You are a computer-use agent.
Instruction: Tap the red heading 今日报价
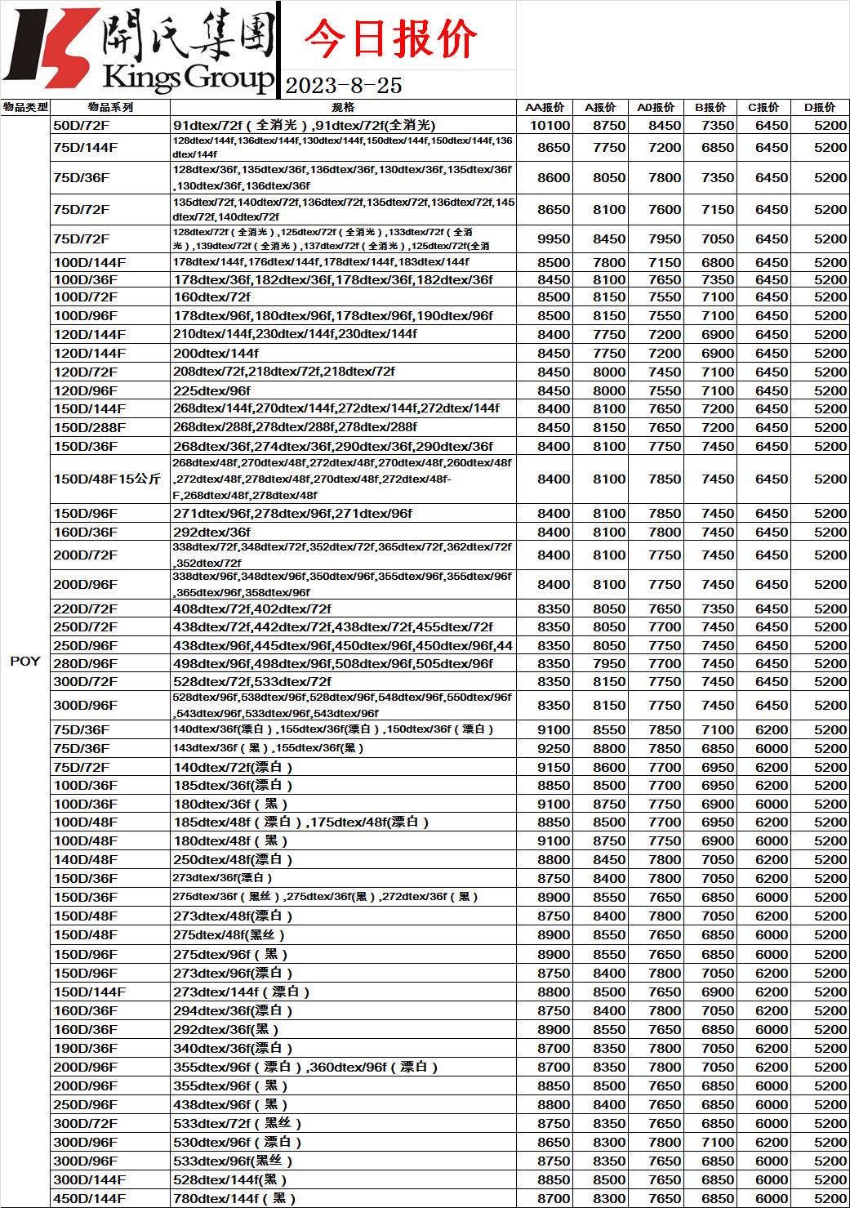390,38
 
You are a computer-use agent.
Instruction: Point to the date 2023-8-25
344,86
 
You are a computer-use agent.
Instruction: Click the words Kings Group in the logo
189,78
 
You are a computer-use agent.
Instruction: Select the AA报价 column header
545,107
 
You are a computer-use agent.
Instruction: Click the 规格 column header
343,107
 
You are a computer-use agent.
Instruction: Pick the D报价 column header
820,107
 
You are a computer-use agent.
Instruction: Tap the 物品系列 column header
110,107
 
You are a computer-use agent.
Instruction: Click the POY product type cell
25,661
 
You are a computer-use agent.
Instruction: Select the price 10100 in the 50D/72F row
550,125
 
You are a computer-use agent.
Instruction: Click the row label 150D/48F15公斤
107,479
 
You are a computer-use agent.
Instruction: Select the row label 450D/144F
90,1198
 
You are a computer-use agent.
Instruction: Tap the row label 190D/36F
85,1048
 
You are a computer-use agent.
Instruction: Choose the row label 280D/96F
85,663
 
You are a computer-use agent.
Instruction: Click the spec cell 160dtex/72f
212,296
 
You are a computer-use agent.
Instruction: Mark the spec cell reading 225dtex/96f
212,390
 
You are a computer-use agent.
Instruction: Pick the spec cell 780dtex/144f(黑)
234,1198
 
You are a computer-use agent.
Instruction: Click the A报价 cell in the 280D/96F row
609,663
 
